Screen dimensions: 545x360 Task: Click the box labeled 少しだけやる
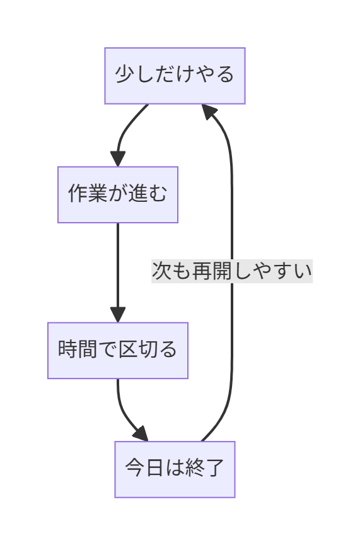[175, 76]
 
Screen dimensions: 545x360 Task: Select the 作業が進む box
[118, 194]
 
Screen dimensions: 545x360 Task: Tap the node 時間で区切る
[118, 350]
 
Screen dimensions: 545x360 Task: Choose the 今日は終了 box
[175, 469]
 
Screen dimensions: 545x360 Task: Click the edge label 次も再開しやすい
[232, 271]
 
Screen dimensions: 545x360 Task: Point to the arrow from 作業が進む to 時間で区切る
[118, 265]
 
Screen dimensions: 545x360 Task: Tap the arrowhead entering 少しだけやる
[210, 112]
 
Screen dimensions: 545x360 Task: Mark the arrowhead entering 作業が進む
[118, 159]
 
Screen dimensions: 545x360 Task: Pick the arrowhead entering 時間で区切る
[118, 315]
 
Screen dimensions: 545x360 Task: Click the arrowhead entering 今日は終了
[141, 434]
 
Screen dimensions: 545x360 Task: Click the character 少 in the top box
[125, 76]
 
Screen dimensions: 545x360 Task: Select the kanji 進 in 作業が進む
[138, 194]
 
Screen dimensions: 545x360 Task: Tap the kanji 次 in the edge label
[161, 271]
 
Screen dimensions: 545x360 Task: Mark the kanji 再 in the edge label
[202, 271]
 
